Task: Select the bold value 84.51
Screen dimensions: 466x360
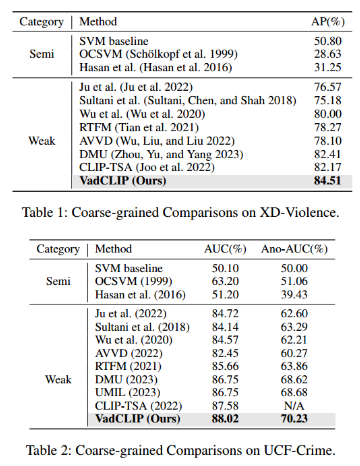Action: [327, 180]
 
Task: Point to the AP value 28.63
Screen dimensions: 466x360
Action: [327, 54]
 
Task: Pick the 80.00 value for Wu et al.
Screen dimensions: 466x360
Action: [327, 114]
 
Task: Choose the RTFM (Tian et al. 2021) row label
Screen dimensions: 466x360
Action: [139, 128]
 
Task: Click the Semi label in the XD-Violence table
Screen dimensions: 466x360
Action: [42, 54]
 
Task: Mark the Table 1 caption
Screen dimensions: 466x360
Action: [181, 212]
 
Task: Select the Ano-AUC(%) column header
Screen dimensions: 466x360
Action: [295, 249]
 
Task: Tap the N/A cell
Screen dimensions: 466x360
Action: [295, 405]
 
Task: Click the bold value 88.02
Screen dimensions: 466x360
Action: [225, 418]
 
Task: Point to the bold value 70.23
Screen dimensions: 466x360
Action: [295, 418]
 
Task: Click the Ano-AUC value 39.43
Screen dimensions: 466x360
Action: [295, 295]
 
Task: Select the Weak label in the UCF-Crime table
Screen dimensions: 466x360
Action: [58, 379]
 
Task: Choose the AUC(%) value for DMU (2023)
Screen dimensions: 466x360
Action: [225, 379]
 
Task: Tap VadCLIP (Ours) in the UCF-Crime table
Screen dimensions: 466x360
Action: [138, 418]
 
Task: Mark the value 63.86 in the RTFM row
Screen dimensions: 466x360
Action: [295, 366]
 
